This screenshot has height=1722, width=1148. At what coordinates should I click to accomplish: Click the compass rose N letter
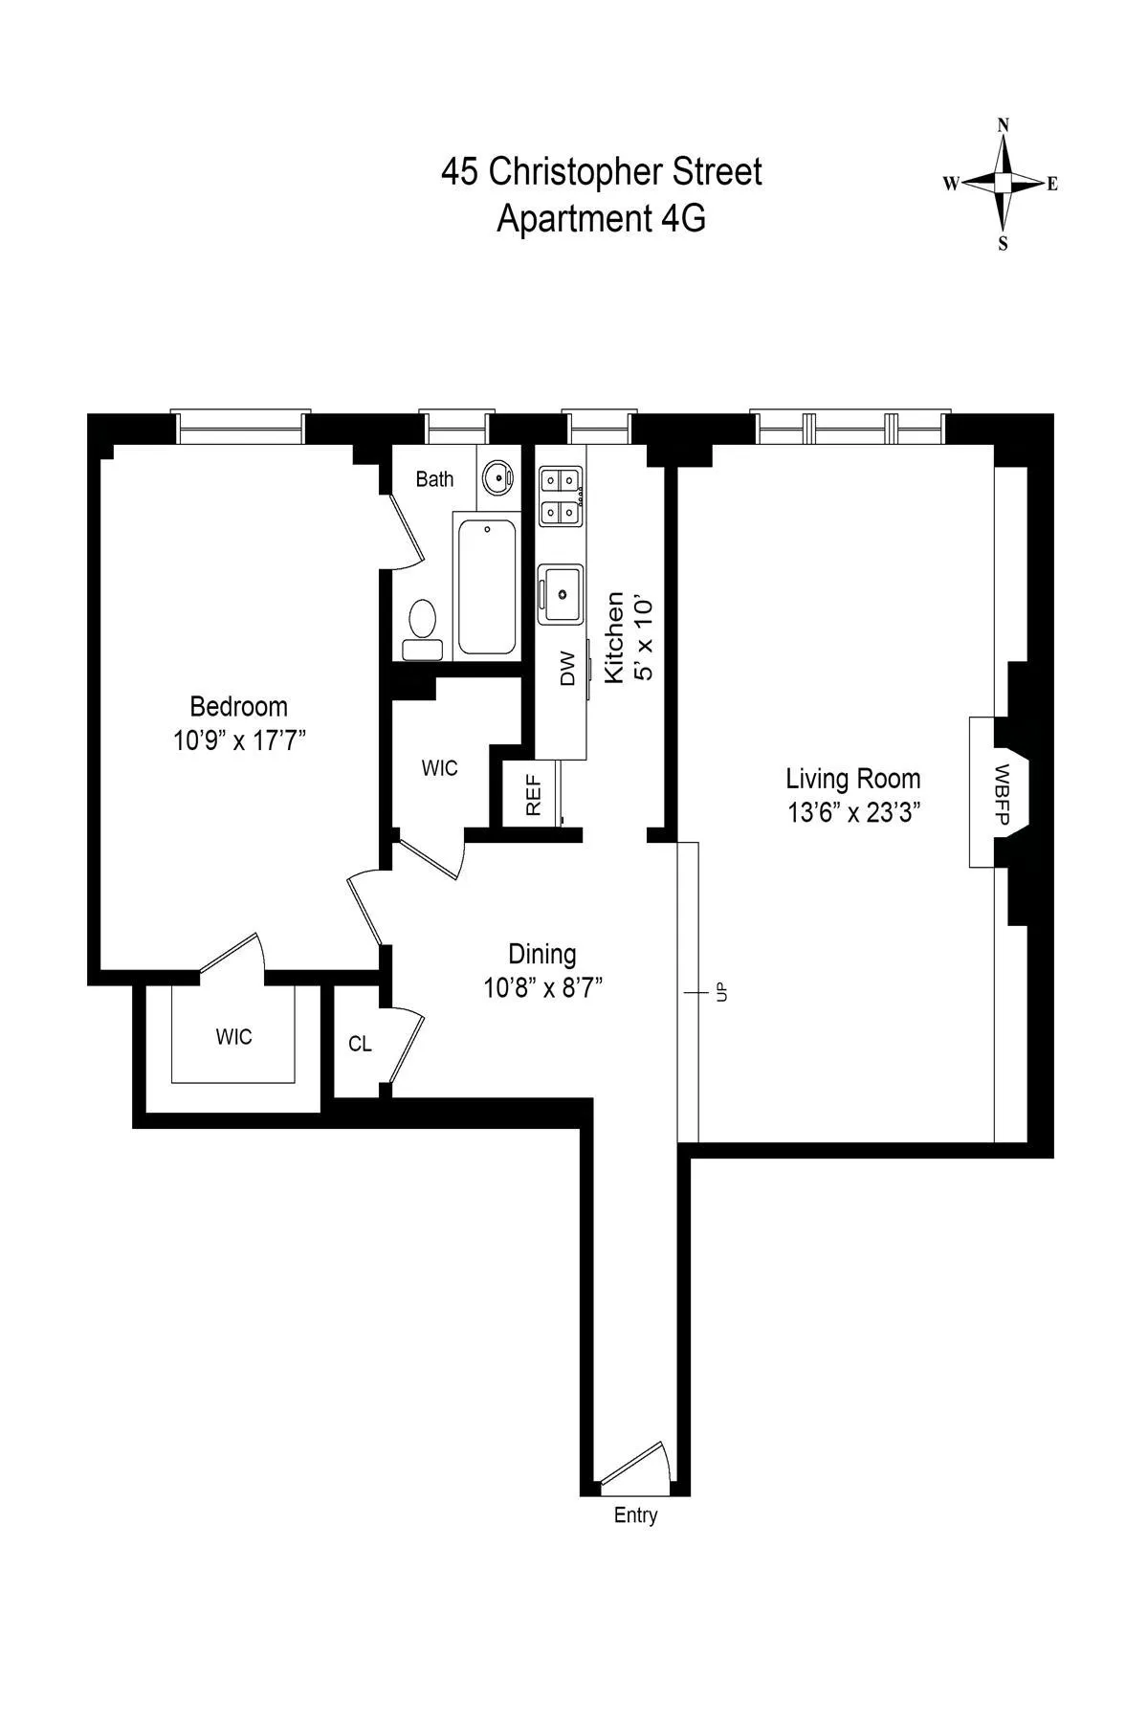(x=1004, y=125)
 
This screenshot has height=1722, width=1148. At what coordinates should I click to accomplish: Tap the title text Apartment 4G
(x=601, y=219)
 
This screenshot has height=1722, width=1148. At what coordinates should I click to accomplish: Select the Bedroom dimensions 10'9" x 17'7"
(x=238, y=740)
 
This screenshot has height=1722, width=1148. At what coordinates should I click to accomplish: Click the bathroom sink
(x=497, y=475)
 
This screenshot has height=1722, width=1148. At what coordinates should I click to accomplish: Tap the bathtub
(x=487, y=585)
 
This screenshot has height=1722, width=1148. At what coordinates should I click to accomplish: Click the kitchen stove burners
(x=561, y=496)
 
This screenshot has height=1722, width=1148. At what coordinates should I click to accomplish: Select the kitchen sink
(x=561, y=593)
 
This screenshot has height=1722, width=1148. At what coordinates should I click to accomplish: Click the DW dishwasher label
(x=567, y=668)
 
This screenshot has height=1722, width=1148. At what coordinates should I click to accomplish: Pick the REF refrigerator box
(x=533, y=795)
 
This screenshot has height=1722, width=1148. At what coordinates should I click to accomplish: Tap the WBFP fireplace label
(x=1002, y=792)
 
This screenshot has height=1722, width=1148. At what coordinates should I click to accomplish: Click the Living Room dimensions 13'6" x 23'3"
(x=853, y=812)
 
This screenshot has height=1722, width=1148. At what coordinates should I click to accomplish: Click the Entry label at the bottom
(x=635, y=1515)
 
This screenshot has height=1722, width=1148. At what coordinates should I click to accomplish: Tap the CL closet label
(x=360, y=1044)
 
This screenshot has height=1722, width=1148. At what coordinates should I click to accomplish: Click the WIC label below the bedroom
(x=233, y=1037)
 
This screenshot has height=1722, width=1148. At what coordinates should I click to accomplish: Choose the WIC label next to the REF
(x=440, y=768)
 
